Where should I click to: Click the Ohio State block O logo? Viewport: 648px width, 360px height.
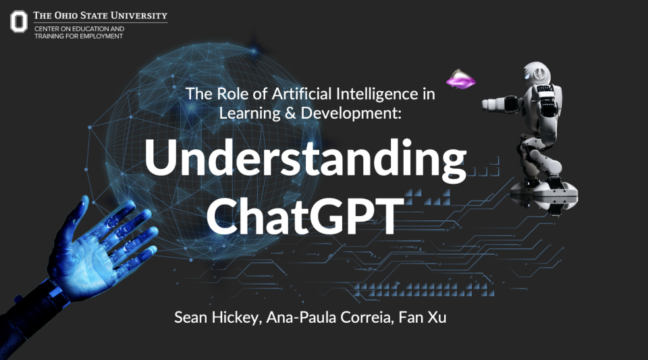(x=19, y=22)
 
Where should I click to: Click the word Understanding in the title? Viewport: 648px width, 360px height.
(x=305, y=160)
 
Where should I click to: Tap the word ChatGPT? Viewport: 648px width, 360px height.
(x=305, y=215)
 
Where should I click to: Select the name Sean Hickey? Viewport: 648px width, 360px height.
(x=217, y=317)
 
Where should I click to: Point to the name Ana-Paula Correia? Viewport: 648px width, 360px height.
(x=329, y=317)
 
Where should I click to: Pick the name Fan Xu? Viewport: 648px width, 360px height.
(x=423, y=317)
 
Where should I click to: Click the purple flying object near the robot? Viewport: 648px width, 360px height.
(x=460, y=79)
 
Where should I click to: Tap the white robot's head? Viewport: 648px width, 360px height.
(x=537, y=73)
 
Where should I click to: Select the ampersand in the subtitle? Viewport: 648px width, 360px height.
(x=290, y=113)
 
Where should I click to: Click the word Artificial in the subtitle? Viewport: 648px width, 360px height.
(x=302, y=94)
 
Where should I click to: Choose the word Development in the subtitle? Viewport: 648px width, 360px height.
(x=351, y=113)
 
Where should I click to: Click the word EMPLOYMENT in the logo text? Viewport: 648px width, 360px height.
(x=101, y=36)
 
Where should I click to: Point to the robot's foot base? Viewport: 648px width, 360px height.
(x=544, y=195)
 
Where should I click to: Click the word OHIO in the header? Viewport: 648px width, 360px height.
(x=65, y=16)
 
